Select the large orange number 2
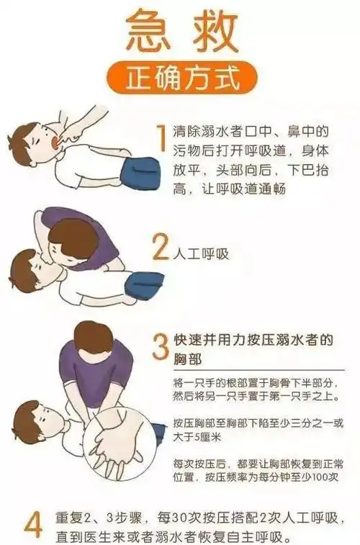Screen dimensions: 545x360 click(160, 248)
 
